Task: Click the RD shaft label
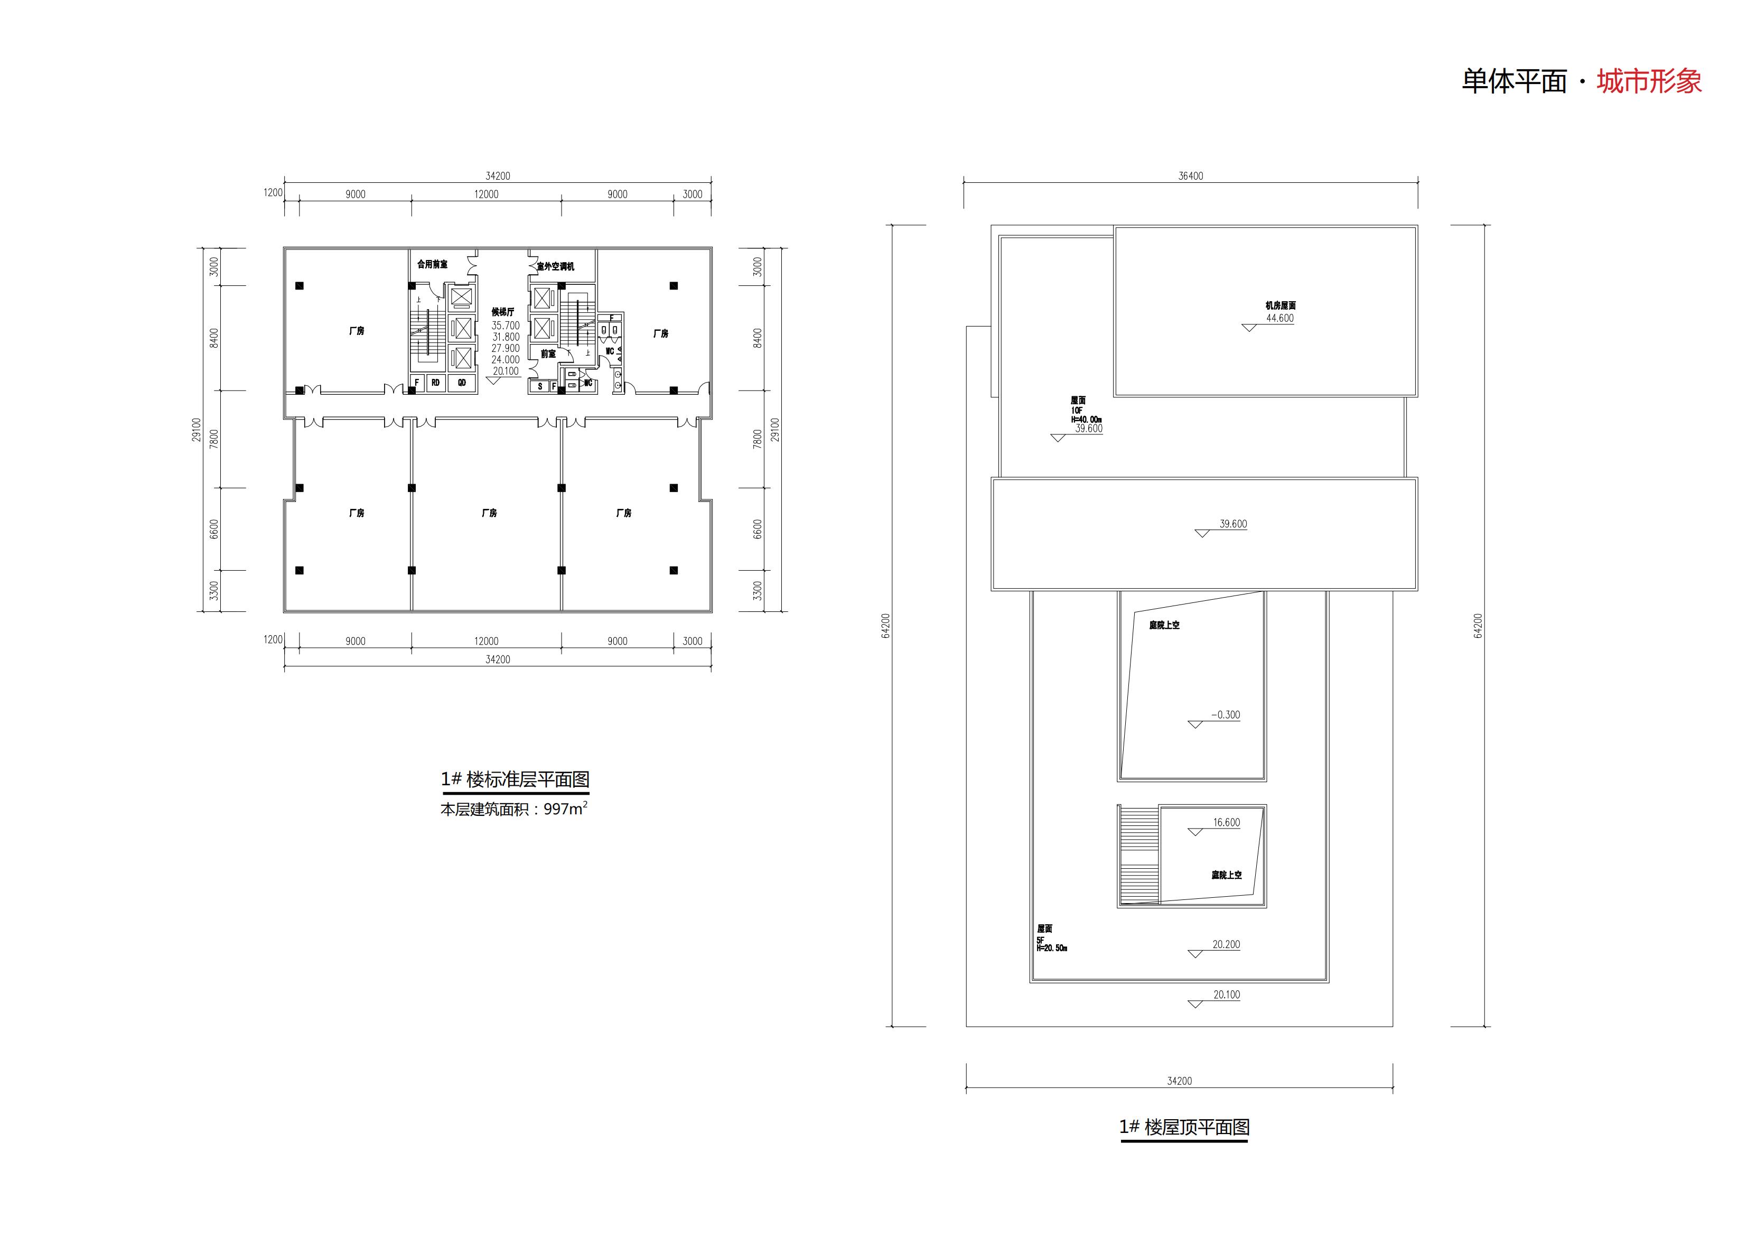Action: tap(435, 383)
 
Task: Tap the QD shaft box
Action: tap(461, 383)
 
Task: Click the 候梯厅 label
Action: tap(503, 312)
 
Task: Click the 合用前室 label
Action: tap(432, 264)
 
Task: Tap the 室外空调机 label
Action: tap(555, 266)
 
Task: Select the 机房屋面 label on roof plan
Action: tap(1281, 306)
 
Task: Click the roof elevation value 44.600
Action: tap(1280, 318)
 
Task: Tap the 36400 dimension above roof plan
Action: tap(1191, 176)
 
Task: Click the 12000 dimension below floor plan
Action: tap(486, 641)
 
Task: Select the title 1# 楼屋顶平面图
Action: tap(1184, 1127)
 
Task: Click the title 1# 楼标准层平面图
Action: tap(515, 779)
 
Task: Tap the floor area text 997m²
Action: tap(565, 810)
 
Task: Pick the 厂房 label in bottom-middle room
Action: tap(489, 513)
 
